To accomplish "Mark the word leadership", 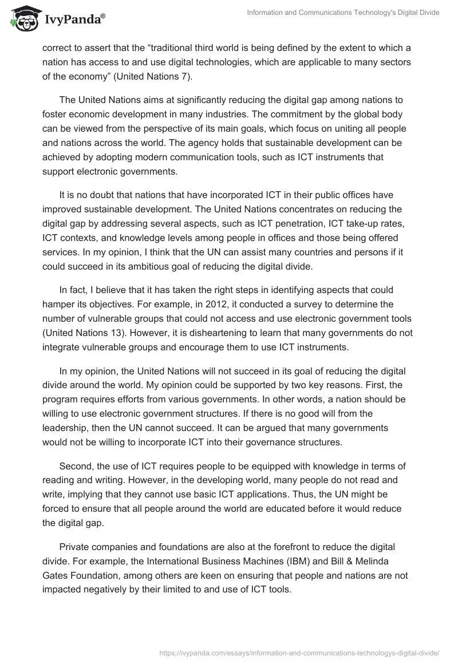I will point(66,428).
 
